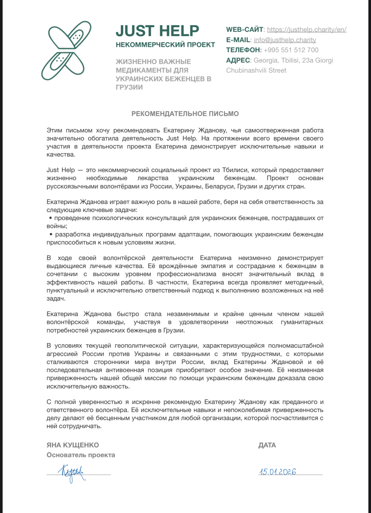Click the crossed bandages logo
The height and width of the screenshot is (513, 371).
click(66, 51)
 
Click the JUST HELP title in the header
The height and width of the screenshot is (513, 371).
click(157, 31)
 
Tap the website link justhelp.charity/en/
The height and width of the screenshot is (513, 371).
click(307, 30)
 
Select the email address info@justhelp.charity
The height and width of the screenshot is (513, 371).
click(285, 40)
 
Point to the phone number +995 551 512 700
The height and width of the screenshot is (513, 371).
click(291, 50)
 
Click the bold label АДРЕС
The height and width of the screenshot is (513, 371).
click(238, 60)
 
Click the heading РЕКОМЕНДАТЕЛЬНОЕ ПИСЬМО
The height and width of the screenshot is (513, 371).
click(185, 114)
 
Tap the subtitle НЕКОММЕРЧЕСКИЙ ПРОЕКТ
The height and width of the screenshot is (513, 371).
click(165, 45)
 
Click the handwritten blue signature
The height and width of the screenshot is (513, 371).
click(72, 472)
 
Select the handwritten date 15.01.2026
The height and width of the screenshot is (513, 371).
click(278, 472)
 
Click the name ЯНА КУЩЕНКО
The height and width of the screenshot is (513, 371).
click(73, 445)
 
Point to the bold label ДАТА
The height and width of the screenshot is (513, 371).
click(267, 445)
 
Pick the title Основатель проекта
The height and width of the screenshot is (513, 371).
click(81, 455)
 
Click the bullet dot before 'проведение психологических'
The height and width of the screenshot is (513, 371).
click(51, 218)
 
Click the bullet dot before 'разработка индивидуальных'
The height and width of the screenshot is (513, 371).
click(51, 235)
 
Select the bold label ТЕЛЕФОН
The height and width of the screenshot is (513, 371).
click(243, 50)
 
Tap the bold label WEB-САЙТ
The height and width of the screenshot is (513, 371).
click(244, 30)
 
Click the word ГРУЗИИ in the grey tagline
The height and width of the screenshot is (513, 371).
click(129, 87)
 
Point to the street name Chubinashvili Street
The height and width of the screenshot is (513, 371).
click(256, 70)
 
